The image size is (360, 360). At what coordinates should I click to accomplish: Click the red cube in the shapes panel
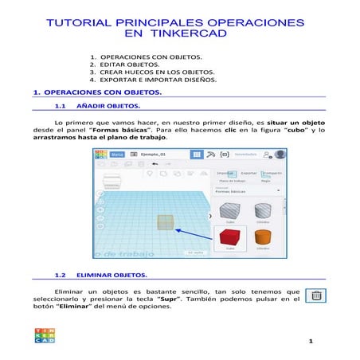pyautogui.click(x=229, y=237)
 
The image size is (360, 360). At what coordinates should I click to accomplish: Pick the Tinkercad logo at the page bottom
pyautogui.click(x=45, y=335)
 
